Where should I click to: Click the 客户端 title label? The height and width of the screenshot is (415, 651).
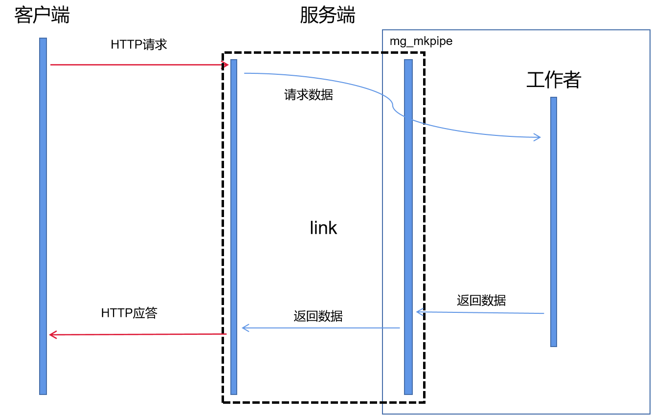[42, 15]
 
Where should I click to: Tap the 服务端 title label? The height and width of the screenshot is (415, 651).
[327, 15]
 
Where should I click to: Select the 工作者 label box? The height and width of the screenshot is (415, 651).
[553, 80]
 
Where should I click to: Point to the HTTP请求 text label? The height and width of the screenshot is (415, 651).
[138, 44]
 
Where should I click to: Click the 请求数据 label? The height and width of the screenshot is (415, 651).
[308, 95]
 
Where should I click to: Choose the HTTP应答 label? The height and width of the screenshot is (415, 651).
[129, 313]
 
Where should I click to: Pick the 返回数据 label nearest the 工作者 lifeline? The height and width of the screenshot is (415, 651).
[481, 300]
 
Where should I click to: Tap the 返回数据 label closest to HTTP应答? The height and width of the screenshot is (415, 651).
[318, 316]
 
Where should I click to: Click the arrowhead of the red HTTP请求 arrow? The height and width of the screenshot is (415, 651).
[226, 65]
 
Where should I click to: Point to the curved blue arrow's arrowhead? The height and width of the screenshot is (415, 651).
[538, 137]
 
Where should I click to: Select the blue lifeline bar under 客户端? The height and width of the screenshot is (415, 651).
[43, 215]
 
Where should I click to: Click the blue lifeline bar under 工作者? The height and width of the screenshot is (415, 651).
[554, 220]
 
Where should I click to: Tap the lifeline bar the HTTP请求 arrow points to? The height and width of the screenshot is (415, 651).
[234, 225]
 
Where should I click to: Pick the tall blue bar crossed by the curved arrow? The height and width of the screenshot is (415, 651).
[408, 225]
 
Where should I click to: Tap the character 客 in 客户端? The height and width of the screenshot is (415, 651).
[23, 15]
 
